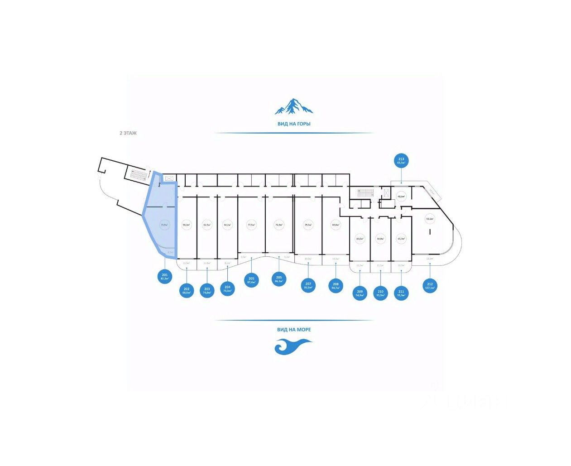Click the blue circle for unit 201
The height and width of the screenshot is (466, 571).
tap(164, 276)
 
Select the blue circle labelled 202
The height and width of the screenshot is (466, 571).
tap(186, 290)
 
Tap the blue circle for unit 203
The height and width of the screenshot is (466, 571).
tap(207, 290)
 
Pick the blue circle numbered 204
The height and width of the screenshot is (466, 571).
tap(228, 288)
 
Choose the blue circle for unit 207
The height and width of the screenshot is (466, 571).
tap(308, 285)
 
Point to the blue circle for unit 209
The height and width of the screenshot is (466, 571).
tap(360, 293)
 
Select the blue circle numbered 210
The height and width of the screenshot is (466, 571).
tap(380, 293)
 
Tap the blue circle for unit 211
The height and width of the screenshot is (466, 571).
tap(401, 293)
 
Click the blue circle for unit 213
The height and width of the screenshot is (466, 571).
tap(401, 161)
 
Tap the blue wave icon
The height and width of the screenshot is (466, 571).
tap(293, 346)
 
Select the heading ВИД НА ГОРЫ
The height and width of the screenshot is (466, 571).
tap(294, 124)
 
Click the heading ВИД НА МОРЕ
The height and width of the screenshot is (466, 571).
tap(294, 329)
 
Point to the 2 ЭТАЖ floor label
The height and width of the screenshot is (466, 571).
tap(128, 133)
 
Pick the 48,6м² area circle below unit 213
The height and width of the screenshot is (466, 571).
tap(401, 197)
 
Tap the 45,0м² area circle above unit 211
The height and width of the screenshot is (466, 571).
tap(401, 239)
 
